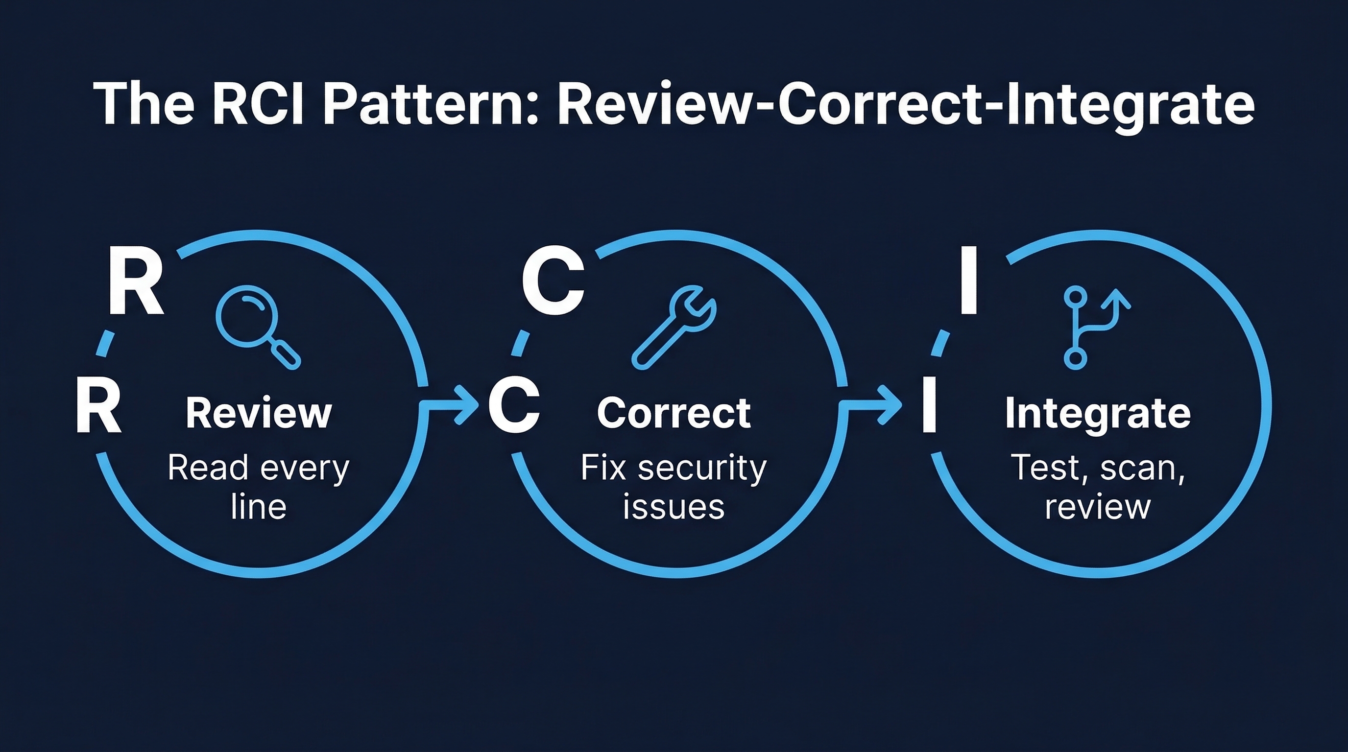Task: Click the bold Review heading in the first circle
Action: pos(259,413)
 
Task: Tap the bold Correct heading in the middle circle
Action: pos(674,413)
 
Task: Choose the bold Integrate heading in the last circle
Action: pos(1098,413)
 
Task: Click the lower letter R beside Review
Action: pos(98,406)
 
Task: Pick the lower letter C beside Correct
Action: pos(513,406)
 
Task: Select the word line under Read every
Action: pos(259,506)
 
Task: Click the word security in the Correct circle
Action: pos(702,468)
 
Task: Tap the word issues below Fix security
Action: pos(674,506)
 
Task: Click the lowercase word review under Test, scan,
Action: pos(1098,506)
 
